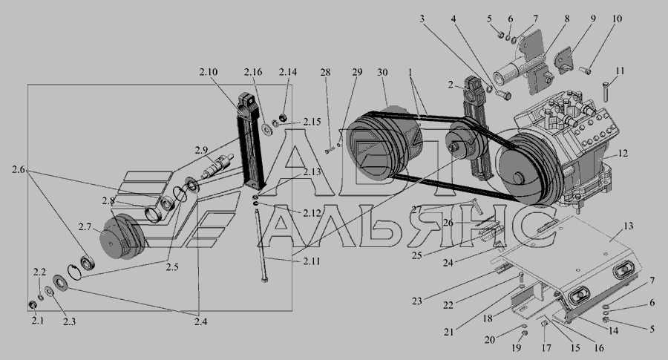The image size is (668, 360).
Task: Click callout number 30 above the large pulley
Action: tap(382, 72)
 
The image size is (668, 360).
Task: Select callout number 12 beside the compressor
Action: tap(623, 153)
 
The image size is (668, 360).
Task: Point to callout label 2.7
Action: tap(85, 227)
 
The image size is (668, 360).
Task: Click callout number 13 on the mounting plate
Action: tap(629, 226)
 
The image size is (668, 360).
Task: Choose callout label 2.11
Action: tap(312, 261)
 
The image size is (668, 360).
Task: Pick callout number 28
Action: tap(326, 72)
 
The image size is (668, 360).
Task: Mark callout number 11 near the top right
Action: tap(620, 71)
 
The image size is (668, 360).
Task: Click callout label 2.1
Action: tap(38, 321)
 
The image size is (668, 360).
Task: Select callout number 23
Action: tap(416, 301)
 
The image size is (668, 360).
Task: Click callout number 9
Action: tap(593, 19)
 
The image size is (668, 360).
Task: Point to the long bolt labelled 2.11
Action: tap(261, 246)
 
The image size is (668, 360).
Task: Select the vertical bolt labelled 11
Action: tap(606, 91)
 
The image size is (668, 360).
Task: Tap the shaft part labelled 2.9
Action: tap(217, 166)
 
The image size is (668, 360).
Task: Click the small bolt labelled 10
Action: tap(585, 70)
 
